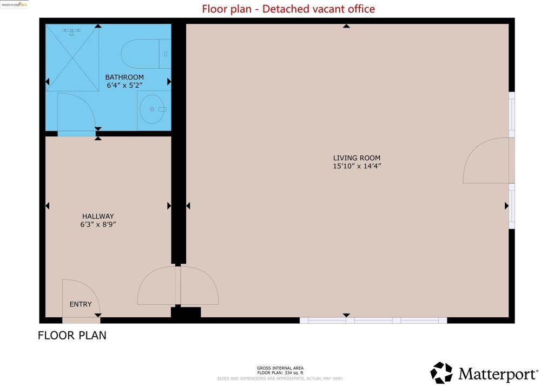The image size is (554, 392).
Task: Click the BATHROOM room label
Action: [124, 77]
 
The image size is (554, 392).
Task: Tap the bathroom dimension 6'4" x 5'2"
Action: [125, 86]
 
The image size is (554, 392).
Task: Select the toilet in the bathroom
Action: [142, 54]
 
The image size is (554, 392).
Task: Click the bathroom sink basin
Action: [151, 109]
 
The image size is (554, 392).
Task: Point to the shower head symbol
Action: [70, 31]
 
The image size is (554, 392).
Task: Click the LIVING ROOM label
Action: [353, 158]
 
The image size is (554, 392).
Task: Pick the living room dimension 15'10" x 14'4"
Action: [357, 166]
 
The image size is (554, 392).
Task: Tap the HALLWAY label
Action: [98, 216]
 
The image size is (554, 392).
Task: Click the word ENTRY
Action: [81, 304]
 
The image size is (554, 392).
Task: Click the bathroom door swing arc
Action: [76, 112]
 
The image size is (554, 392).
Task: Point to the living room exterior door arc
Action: [484, 161]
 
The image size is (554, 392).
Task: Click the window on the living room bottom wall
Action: [373, 321]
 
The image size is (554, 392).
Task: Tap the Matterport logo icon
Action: [441, 373]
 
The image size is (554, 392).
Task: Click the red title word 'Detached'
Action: [286, 9]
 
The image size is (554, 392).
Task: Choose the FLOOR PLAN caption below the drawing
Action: [72, 335]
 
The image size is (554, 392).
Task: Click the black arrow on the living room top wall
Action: [346, 25]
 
